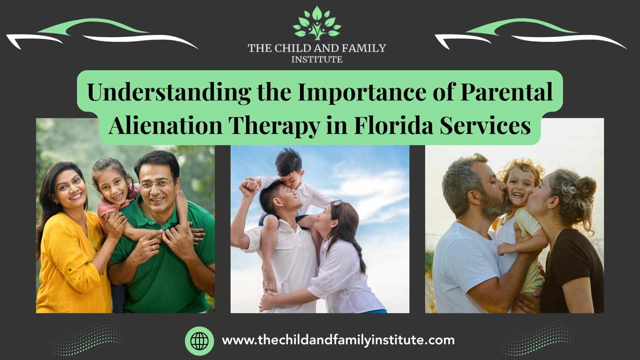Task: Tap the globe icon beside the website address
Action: pyautogui.click(x=200, y=341)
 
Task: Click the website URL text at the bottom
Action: pyautogui.click(x=338, y=340)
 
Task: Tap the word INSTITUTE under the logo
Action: pyautogui.click(x=317, y=60)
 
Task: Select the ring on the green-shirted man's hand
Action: pyautogui.click(x=153, y=248)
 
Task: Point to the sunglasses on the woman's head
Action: pyautogui.click(x=336, y=203)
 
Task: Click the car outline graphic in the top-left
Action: pyautogui.click(x=102, y=34)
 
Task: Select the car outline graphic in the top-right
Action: pyautogui.click(x=530, y=34)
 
